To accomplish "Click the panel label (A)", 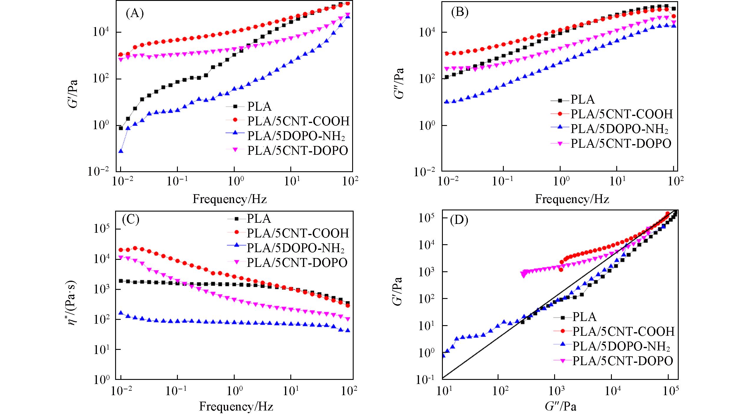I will pos(135,14).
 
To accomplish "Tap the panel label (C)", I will pos(130,220).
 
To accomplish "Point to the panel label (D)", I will pos(459,220).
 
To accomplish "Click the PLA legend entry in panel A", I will pos(259,106).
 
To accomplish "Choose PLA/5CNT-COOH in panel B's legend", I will pos(622,114).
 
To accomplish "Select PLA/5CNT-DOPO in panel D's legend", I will pos(622,361).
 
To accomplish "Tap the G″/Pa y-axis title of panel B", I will pos(399,83).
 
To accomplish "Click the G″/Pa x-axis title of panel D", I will pos(560,406).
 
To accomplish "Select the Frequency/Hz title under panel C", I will pos(236,407).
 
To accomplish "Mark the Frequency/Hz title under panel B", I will pos(572,199).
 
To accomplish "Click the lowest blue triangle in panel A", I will pos(121,151).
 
